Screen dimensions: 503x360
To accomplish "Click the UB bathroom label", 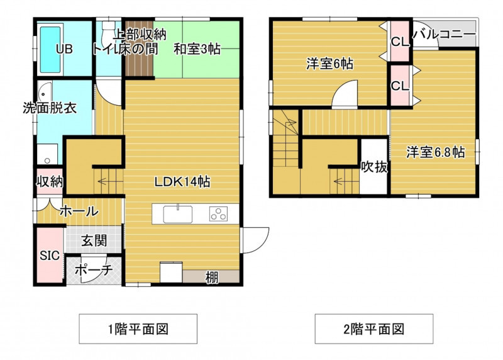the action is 64,49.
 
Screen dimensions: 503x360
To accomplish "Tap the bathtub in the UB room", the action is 50,50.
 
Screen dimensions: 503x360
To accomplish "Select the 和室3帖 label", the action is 197,49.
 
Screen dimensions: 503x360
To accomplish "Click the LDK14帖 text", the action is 182,182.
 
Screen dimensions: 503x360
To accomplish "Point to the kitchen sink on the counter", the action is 178,214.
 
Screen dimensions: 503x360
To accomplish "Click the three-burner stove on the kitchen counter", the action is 219,214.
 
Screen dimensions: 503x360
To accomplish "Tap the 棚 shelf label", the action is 212,278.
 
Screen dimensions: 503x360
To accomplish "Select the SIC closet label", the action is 50,256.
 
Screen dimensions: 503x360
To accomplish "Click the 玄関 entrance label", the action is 94,240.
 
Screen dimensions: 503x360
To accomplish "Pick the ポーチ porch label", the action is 94,270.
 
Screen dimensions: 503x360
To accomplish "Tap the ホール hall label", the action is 79,211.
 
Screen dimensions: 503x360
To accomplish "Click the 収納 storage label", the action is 50,182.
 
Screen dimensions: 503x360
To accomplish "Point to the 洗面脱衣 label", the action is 50,108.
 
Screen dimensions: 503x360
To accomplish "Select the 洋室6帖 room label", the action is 329,64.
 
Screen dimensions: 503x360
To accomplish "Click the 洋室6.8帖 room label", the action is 436,152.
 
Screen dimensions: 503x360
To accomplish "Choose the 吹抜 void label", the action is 374,167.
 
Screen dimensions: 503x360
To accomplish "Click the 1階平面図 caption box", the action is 138,329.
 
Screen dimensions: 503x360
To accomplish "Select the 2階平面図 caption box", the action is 374,329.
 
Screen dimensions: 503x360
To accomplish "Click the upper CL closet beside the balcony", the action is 400,41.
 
